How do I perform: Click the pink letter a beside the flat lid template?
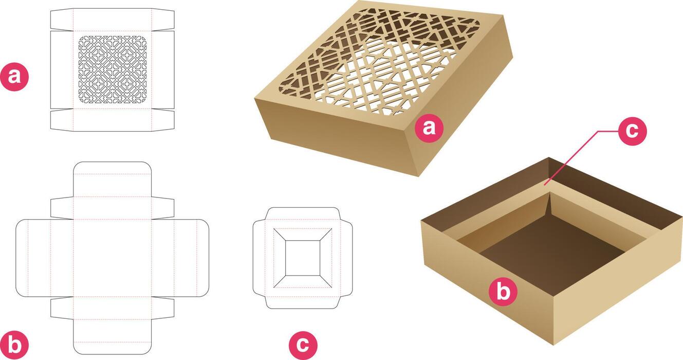coord(15,77)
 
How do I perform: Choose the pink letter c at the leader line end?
coord(632,131)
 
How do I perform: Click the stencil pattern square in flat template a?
coord(113,69)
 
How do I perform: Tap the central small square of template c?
coord(303,257)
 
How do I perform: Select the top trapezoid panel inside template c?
coord(303,233)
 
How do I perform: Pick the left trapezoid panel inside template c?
coord(279,257)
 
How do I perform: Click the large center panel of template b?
coord(113,257)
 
